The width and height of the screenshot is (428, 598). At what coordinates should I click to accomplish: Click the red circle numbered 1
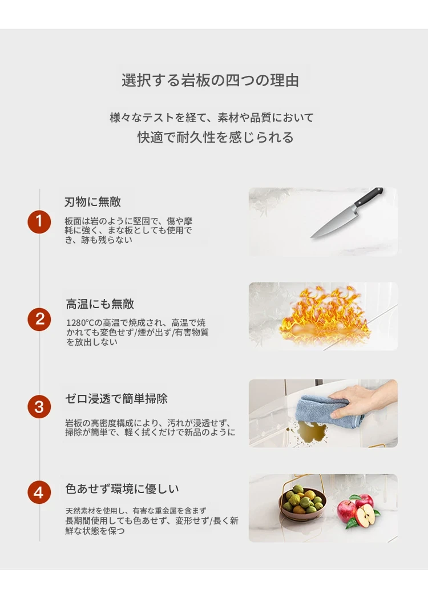tap(39, 221)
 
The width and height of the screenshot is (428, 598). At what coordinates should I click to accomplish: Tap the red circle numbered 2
tap(39, 319)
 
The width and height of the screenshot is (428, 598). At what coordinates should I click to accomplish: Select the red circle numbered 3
tap(39, 406)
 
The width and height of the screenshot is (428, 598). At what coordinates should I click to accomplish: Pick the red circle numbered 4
tap(39, 492)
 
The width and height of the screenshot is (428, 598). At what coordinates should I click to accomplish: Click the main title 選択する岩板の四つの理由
tap(210, 80)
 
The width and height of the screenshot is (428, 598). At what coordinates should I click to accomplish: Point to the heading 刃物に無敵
tap(92, 202)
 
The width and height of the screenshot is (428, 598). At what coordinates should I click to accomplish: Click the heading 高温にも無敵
tap(100, 304)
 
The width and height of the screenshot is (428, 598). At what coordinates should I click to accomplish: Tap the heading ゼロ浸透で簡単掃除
tap(116, 398)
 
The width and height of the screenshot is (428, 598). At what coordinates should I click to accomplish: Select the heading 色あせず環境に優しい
tap(122, 488)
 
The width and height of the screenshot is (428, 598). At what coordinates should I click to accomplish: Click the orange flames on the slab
tap(324, 316)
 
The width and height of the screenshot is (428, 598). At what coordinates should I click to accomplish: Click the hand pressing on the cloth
tap(362, 401)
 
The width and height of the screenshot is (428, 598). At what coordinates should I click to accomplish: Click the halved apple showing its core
tap(365, 516)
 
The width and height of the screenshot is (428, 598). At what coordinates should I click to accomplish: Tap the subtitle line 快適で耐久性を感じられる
tap(216, 138)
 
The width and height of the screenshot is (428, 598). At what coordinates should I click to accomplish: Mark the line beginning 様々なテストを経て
tap(212, 118)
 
